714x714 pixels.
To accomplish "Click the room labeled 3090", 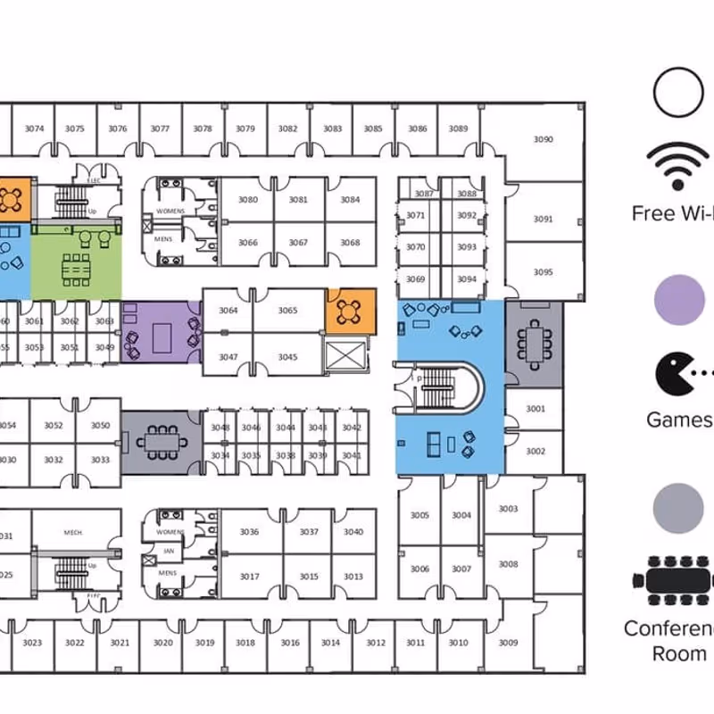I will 543,139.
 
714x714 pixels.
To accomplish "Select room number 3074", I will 34,129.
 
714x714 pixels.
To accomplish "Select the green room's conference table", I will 76,266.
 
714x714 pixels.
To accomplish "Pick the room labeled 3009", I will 508,642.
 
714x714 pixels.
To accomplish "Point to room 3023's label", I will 33,643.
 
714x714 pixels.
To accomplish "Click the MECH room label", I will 73,533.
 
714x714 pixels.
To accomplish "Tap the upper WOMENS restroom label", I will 170,211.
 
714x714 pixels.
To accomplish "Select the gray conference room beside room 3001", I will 534,345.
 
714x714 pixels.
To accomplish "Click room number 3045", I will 287,357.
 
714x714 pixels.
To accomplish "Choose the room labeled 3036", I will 249,532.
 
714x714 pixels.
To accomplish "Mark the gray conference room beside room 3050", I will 161,441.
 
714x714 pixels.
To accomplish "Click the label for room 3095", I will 543,272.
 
